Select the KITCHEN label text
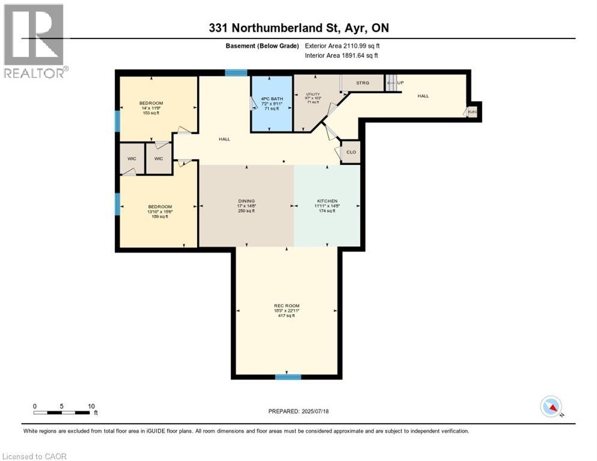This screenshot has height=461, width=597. click(x=327, y=200)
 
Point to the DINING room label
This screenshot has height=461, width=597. click(x=246, y=200)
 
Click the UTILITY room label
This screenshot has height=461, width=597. click(x=313, y=94)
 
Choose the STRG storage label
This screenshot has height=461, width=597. click(x=362, y=83)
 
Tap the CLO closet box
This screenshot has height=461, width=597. click(x=351, y=152)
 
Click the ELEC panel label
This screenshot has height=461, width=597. click(x=472, y=111)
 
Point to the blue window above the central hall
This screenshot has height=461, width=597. click(x=236, y=73)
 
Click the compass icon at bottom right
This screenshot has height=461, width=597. click(x=551, y=406)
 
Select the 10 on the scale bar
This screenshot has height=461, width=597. click(x=91, y=406)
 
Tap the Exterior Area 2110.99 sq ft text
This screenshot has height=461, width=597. click(x=342, y=46)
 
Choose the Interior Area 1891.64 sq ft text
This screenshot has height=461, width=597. click(x=341, y=56)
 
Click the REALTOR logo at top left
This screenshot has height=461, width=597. click(x=35, y=41)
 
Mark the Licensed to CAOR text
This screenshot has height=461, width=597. click(x=35, y=456)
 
